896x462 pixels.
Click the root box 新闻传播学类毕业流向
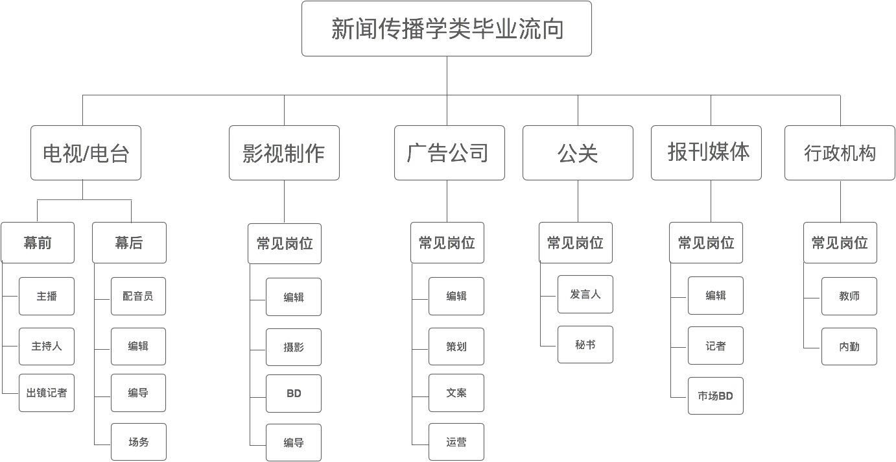(x=446, y=29)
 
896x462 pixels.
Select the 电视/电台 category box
(x=86, y=153)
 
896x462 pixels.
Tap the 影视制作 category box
(x=284, y=153)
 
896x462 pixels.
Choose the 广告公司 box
(x=449, y=153)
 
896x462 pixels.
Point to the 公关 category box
(x=578, y=153)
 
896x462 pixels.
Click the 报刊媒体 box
(x=706, y=152)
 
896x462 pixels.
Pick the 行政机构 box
(x=840, y=153)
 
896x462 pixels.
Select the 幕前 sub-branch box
(x=38, y=243)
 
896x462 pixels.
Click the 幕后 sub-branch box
(x=129, y=243)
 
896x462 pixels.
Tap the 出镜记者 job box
(x=47, y=393)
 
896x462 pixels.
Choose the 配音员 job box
(x=138, y=296)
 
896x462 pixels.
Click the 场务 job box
(x=138, y=442)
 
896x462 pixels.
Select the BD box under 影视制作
(x=294, y=393)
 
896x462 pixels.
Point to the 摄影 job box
(x=294, y=347)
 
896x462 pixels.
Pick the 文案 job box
(x=456, y=393)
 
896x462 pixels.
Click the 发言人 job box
(x=585, y=294)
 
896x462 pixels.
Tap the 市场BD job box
(x=715, y=395)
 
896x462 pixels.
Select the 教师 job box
(x=849, y=296)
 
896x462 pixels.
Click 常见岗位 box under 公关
(x=575, y=243)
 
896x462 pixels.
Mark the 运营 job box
(x=456, y=443)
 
